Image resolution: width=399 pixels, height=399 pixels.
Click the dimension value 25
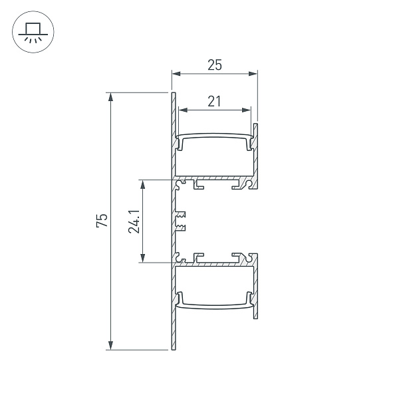coord(214,65)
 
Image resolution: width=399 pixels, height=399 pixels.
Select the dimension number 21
coord(213,101)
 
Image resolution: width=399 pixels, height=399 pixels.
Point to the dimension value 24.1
coord(134,221)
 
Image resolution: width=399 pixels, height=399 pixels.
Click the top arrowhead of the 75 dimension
coord(110,97)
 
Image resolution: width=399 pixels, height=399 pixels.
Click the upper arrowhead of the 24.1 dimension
coord(142,184)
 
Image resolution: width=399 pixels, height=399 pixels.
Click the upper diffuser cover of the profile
coord(215,136)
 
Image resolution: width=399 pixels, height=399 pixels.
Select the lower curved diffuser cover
coord(215,305)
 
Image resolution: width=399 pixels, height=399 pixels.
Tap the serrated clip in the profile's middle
coord(181,221)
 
